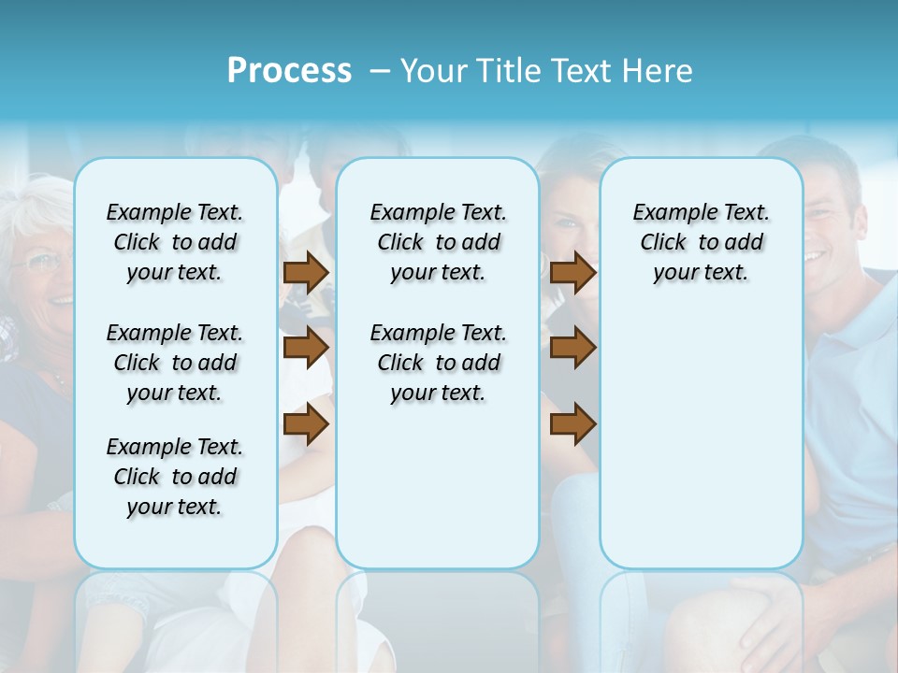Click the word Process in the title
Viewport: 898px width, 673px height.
tap(289, 71)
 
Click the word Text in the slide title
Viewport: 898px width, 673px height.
tap(580, 71)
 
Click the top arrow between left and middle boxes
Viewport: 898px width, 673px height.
tap(306, 272)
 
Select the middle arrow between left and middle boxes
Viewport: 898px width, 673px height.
tap(306, 348)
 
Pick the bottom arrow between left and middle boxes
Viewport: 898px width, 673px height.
tap(306, 423)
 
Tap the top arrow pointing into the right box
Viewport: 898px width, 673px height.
tap(572, 272)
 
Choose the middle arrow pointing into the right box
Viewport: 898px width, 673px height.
tap(572, 348)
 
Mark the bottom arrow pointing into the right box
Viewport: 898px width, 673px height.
tap(572, 423)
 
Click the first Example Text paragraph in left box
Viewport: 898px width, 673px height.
tap(175, 242)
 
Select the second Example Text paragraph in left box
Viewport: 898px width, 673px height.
tap(175, 363)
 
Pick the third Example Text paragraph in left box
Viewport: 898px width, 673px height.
tap(175, 477)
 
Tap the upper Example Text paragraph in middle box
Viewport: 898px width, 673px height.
tap(438, 242)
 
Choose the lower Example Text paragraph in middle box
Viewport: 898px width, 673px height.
tap(438, 363)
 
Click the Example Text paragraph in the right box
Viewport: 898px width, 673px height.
tap(701, 242)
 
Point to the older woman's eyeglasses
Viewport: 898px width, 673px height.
tap(37, 262)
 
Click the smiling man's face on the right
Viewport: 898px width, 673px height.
tap(828, 224)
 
